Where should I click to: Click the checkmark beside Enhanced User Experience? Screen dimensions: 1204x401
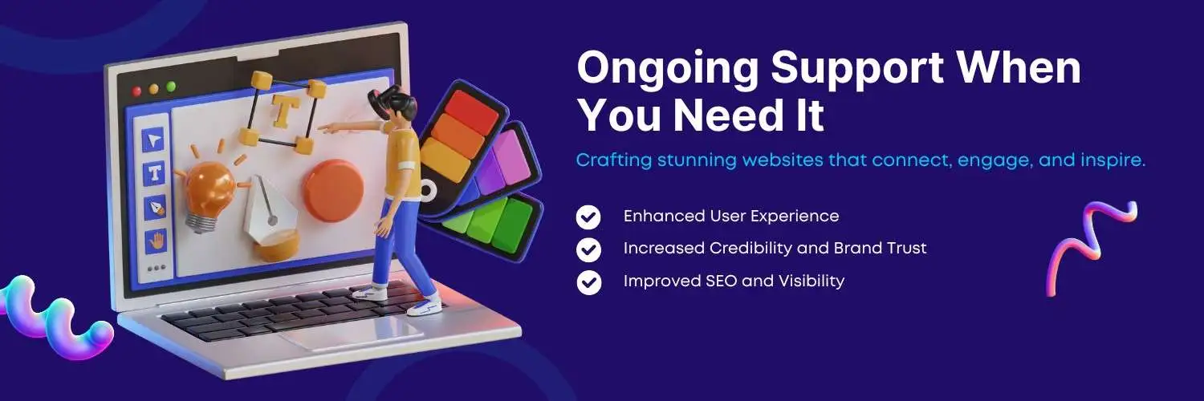click(588, 217)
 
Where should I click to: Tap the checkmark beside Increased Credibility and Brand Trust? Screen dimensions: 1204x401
click(588, 249)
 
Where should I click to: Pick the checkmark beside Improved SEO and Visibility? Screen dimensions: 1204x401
click(588, 282)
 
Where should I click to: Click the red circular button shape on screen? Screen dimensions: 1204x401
click(333, 191)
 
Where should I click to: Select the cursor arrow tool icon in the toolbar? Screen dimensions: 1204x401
click(154, 140)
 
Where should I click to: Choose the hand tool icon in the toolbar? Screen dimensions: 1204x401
click(156, 241)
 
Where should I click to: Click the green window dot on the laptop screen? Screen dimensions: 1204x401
click(171, 87)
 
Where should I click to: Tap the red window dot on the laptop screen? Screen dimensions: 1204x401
click(136, 91)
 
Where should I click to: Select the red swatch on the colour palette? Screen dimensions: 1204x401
click(471, 112)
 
